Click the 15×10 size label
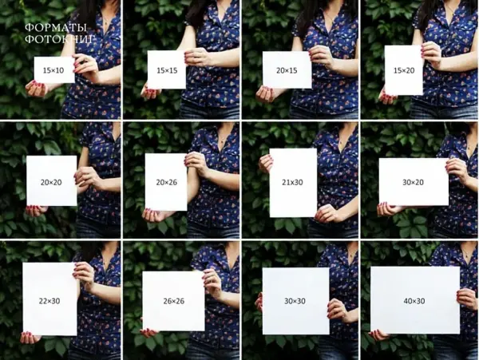[x=53, y=70]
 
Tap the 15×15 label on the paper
[x=167, y=70]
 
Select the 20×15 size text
[x=287, y=70]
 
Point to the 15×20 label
[x=404, y=70]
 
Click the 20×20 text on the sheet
[x=51, y=182]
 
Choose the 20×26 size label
[x=167, y=182]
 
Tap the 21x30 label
[x=292, y=182]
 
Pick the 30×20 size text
[x=413, y=182]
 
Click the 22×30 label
[x=49, y=301]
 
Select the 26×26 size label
[x=174, y=301]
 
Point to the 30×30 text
[x=295, y=301]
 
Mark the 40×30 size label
[x=414, y=301]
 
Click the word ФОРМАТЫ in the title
[x=56, y=28]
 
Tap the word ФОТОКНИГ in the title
[x=60, y=39]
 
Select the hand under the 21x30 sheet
[x=327, y=214]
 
